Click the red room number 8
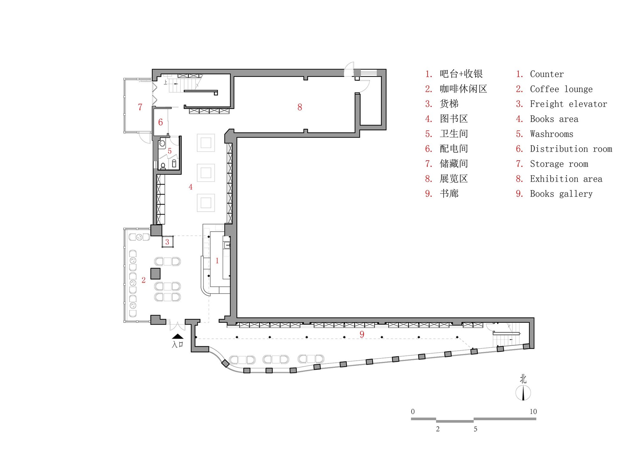[300, 107]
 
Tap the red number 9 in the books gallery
[362, 334]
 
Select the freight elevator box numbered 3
[168, 242]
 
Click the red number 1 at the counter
[217, 261]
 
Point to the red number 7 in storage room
[140, 107]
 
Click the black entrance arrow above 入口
[177, 336]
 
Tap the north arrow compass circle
[523, 393]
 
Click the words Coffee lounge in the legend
[561, 89]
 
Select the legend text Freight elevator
[568, 104]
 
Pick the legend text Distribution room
[571, 149]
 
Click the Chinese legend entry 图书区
[454, 119]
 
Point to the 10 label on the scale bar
[533, 411]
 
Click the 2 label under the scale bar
[438, 429]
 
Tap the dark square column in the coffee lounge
[155, 273]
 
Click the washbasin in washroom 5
[162, 144]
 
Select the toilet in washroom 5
[163, 166]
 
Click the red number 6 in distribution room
[161, 122]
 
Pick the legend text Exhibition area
[566, 179]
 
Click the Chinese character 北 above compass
[523, 379]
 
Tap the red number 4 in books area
[190, 187]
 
